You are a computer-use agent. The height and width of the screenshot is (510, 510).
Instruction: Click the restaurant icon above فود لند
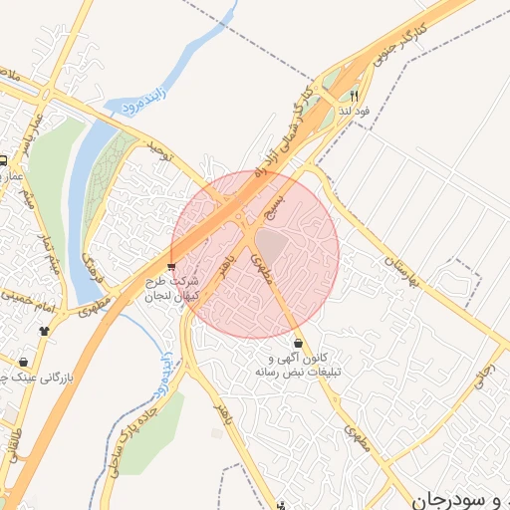tap(353, 97)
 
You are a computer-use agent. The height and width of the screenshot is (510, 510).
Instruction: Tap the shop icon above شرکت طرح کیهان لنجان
tap(171, 266)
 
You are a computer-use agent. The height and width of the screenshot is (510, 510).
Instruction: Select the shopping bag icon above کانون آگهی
tap(299, 343)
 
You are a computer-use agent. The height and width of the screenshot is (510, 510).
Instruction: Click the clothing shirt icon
tap(44, 331)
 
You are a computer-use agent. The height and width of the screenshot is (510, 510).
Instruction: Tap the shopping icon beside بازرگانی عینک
tap(23, 362)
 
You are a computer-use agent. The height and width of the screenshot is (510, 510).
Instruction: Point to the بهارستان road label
tap(399, 267)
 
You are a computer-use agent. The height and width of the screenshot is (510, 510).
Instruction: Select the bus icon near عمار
tap(4, 160)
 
